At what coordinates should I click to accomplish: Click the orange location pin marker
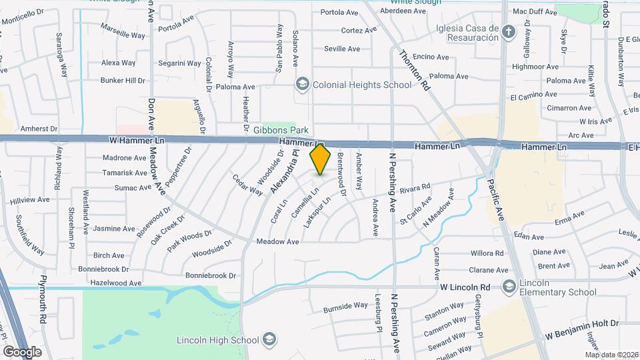point(321,159)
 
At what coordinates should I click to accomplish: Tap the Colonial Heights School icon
point(303,85)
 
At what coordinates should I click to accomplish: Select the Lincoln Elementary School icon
point(509,287)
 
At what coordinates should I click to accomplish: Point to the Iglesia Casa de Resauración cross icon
point(509,32)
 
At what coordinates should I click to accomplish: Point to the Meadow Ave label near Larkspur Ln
point(277,241)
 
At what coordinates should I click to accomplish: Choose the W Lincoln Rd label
point(465,287)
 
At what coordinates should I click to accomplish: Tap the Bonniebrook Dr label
point(211,275)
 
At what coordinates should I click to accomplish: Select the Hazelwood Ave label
point(117,283)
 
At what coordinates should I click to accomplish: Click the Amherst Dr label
point(39,128)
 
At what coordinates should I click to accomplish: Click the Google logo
point(22,351)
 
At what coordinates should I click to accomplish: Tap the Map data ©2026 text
point(611,355)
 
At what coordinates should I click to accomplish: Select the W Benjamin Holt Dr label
point(583,323)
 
